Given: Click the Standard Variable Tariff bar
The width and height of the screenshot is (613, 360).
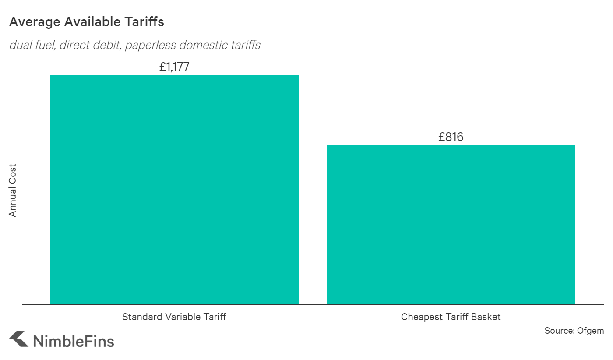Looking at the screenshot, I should pyautogui.click(x=174, y=190).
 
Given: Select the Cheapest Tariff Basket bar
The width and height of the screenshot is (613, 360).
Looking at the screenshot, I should pyautogui.click(x=451, y=225).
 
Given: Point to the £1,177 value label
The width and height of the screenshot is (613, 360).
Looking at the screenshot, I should pyautogui.click(x=174, y=67).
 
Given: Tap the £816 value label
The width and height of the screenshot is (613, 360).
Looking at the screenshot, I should pyautogui.click(x=451, y=137).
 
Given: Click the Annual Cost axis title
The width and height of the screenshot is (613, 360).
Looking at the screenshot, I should pyautogui.click(x=13, y=191).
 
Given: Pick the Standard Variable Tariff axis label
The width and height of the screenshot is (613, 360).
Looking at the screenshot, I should pyautogui.click(x=174, y=317).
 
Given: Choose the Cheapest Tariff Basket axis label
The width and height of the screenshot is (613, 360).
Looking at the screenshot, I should pyautogui.click(x=451, y=317).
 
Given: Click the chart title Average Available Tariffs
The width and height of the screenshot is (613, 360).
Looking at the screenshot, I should pyautogui.click(x=87, y=22).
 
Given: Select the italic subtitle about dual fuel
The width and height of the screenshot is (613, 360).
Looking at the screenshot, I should pyautogui.click(x=135, y=45).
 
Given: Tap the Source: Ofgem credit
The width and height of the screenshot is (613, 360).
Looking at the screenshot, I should pyautogui.click(x=574, y=331).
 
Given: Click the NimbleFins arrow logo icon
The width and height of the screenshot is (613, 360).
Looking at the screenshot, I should pyautogui.click(x=18, y=340).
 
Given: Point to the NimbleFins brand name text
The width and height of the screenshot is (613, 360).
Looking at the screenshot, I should pyautogui.click(x=73, y=341).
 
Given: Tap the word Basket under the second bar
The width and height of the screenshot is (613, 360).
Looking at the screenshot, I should pyautogui.click(x=486, y=317).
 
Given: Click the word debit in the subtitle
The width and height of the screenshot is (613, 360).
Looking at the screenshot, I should pyautogui.click(x=106, y=45).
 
